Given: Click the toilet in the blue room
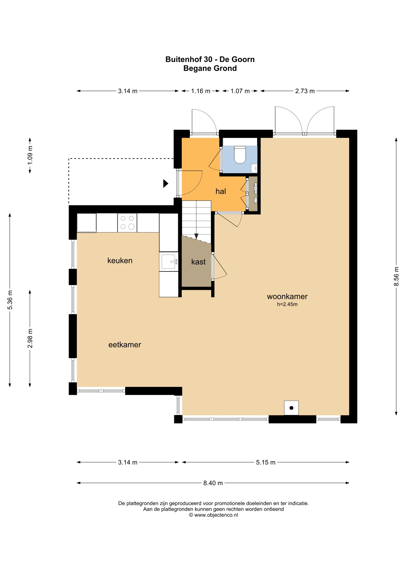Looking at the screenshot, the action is pyautogui.click(x=240, y=155).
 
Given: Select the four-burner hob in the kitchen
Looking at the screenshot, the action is pyautogui.click(x=127, y=223).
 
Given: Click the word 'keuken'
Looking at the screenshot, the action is pyautogui.click(x=120, y=261).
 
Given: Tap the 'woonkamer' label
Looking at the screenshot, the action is pyautogui.click(x=287, y=297).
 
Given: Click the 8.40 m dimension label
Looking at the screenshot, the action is pyautogui.click(x=213, y=483).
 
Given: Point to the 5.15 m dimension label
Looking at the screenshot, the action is pyautogui.click(x=266, y=462).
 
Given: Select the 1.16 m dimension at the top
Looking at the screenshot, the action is pyautogui.click(x=201, y=91).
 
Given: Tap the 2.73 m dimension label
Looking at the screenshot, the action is pyautogui.click(x=305, y=91).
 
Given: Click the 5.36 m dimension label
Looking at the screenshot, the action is pyautogui.click(x=10, y=300).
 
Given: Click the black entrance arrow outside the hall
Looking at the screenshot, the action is pyautogui.click(x=166, y=184).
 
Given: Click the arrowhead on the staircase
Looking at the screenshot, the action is pyautogui.click(x=196, y=236).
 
